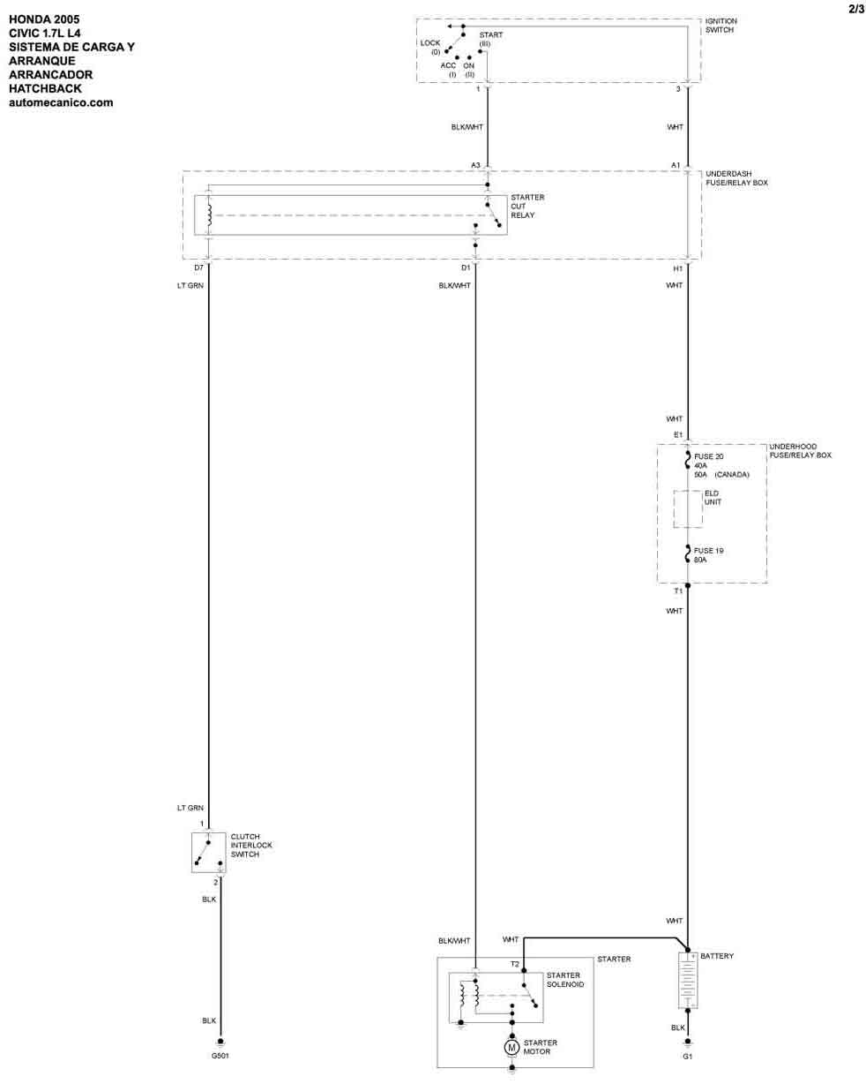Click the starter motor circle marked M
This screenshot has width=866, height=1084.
tap(511, 1047)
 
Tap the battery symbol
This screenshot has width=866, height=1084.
tap(687, 979)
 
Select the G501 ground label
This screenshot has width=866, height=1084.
tap(220, 1055)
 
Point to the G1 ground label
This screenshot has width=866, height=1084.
tap(687, 1057)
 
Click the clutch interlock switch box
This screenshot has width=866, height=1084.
tap(208, 853)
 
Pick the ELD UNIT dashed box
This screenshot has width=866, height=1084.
tap(688, 508)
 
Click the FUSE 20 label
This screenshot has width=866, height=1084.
tap(708, 456)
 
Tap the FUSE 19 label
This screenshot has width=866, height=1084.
tap(708, 551)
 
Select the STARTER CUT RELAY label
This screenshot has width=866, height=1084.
tap(527, 206)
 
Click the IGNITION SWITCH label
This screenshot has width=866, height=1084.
tap(720, 26)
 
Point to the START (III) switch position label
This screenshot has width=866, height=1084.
tap(490, 40)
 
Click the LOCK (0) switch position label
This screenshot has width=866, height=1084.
tap(430, 48)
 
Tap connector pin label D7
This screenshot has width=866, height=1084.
tap(198, 267)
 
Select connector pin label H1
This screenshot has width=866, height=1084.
tap(678, 268)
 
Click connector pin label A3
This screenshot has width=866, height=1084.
tap(475, 165)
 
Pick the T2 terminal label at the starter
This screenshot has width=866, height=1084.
tap(514, 964)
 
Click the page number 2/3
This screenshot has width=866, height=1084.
tap(856, 9)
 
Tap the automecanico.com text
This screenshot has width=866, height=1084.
tap(61, 102)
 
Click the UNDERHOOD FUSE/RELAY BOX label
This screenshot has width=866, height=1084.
tap(800, 451)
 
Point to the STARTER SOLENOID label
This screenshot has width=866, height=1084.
tap(565, 980)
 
